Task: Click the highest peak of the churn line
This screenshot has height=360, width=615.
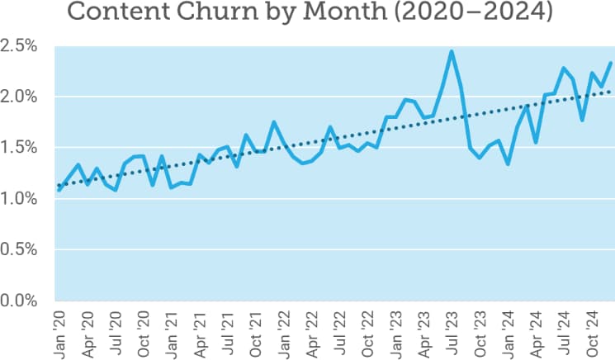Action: pyautogui.click(x=452, y=51)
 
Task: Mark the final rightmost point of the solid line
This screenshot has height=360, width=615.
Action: pyautogui.click(x=611, y=63)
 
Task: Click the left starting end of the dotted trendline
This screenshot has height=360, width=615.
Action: pyautogui.click(x=59, y=185)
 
